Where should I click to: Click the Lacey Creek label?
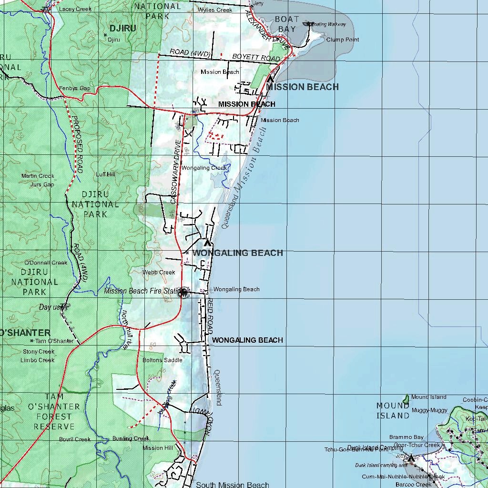click(x=75, y=9)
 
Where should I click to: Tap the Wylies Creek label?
click(x=215, y=10)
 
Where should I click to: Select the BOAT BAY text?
click(x=287, y=24)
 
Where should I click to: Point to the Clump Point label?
click(x=343, y=40)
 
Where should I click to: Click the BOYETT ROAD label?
click(x=256, y=58)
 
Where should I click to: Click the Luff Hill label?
click(x=105, y=174)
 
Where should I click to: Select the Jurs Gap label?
click(x=42, y=184)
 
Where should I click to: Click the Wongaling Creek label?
click(x=204, y=168)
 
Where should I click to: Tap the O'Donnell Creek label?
click(x=46, y=263)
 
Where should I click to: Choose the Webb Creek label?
click(x=159, y=273)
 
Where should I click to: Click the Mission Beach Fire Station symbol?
click(x=183, y=293)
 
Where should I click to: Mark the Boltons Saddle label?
click(x=162, y=360)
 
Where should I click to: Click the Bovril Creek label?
click(x=75, y=439)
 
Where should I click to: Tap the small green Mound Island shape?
click(x=406, y=398)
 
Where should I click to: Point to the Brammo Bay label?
click(x=406, y=437)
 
